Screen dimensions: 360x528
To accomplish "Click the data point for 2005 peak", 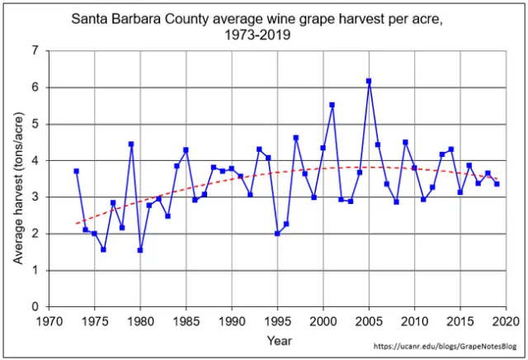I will coord(369,81).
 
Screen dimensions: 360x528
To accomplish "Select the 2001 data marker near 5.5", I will coord(332,105).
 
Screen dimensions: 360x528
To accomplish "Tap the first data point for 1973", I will coord(76,171).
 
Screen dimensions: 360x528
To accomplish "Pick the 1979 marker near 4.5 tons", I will coord(131,144).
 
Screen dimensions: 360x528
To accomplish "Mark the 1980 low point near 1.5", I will coord(140,250).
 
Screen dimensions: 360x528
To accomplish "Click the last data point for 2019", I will coord(497,183).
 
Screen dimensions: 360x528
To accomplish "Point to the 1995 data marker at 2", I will coord(277,234).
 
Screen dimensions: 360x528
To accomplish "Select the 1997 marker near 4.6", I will coord(295,138).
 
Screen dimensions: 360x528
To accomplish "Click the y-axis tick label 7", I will coord(34,50).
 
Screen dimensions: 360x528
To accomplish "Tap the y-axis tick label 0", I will coord(34,307).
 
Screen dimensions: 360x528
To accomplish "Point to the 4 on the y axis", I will coord(34,160).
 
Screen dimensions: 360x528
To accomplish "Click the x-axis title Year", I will coord(278,339).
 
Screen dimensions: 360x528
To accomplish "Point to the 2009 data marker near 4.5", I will coord(405,142).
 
